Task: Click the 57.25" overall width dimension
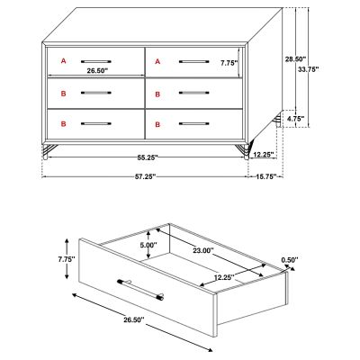tap(146, 176)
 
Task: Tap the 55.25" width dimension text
tap(148, 157)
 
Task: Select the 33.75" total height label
tap(309, 69)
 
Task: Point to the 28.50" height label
tap(295, 59)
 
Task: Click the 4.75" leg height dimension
tap(296, 119)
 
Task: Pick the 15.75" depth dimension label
tap(266, 176)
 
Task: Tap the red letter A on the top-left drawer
tap(63, 61)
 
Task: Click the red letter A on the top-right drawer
tap(157, 61)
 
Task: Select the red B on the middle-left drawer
tap(63, 94)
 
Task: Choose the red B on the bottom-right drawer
tap(157, 124)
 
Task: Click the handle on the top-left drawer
tap(96, 61)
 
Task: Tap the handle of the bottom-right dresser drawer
tap(194, 123)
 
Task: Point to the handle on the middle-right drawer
tap(194, 93)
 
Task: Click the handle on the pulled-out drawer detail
tap(140, 290)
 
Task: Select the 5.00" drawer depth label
tap(148, 245)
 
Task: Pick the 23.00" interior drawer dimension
tap(203, 250)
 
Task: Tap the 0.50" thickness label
tap(290, 260)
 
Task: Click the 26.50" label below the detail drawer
tap(134, 319)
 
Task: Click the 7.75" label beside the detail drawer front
tap(67, 259)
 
